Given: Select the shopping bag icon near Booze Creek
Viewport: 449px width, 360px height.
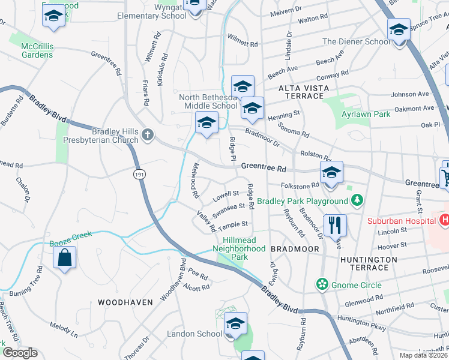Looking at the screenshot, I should pyautogui.click(x=64, y=259).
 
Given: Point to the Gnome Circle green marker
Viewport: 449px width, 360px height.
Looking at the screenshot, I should pyautogui.click(x=323, y=283).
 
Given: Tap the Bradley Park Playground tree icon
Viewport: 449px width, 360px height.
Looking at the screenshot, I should pyautogui.click(x=357, y=200).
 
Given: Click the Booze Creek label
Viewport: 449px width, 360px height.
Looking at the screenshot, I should pyautogui.click(x=70, y=235).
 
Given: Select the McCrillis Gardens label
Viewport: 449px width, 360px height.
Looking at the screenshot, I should pyautogui.click(x=37, y=50).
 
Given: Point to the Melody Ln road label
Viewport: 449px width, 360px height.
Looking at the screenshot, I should pyautogui.click(x=64, y=329).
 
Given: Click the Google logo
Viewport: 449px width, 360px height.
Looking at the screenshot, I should pyautogui.click(x=20, y=353).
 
